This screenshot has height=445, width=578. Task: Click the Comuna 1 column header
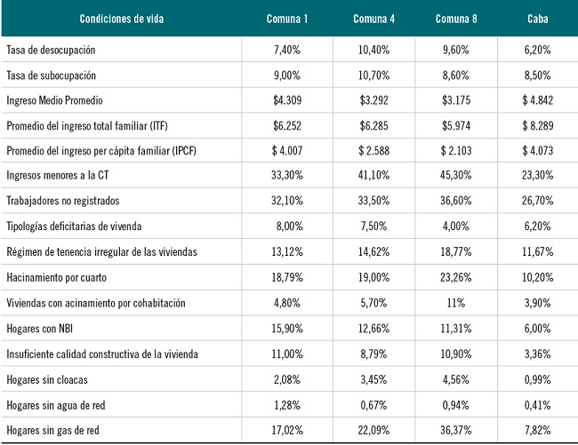(286, 19)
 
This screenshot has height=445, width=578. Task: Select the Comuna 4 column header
(373, 19)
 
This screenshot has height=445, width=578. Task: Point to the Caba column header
(537, 19)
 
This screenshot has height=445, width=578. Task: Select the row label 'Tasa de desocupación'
(51, 49)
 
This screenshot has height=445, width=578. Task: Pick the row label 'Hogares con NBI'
(39, 329)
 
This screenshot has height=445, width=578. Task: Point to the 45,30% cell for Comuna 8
(458, 176)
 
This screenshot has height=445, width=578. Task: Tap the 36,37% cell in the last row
(458, 431)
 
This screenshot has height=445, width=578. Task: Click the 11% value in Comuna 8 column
(458, 303)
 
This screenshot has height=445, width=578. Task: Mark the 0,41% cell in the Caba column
(537, 405)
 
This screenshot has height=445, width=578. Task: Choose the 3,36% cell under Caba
(537, 354)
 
